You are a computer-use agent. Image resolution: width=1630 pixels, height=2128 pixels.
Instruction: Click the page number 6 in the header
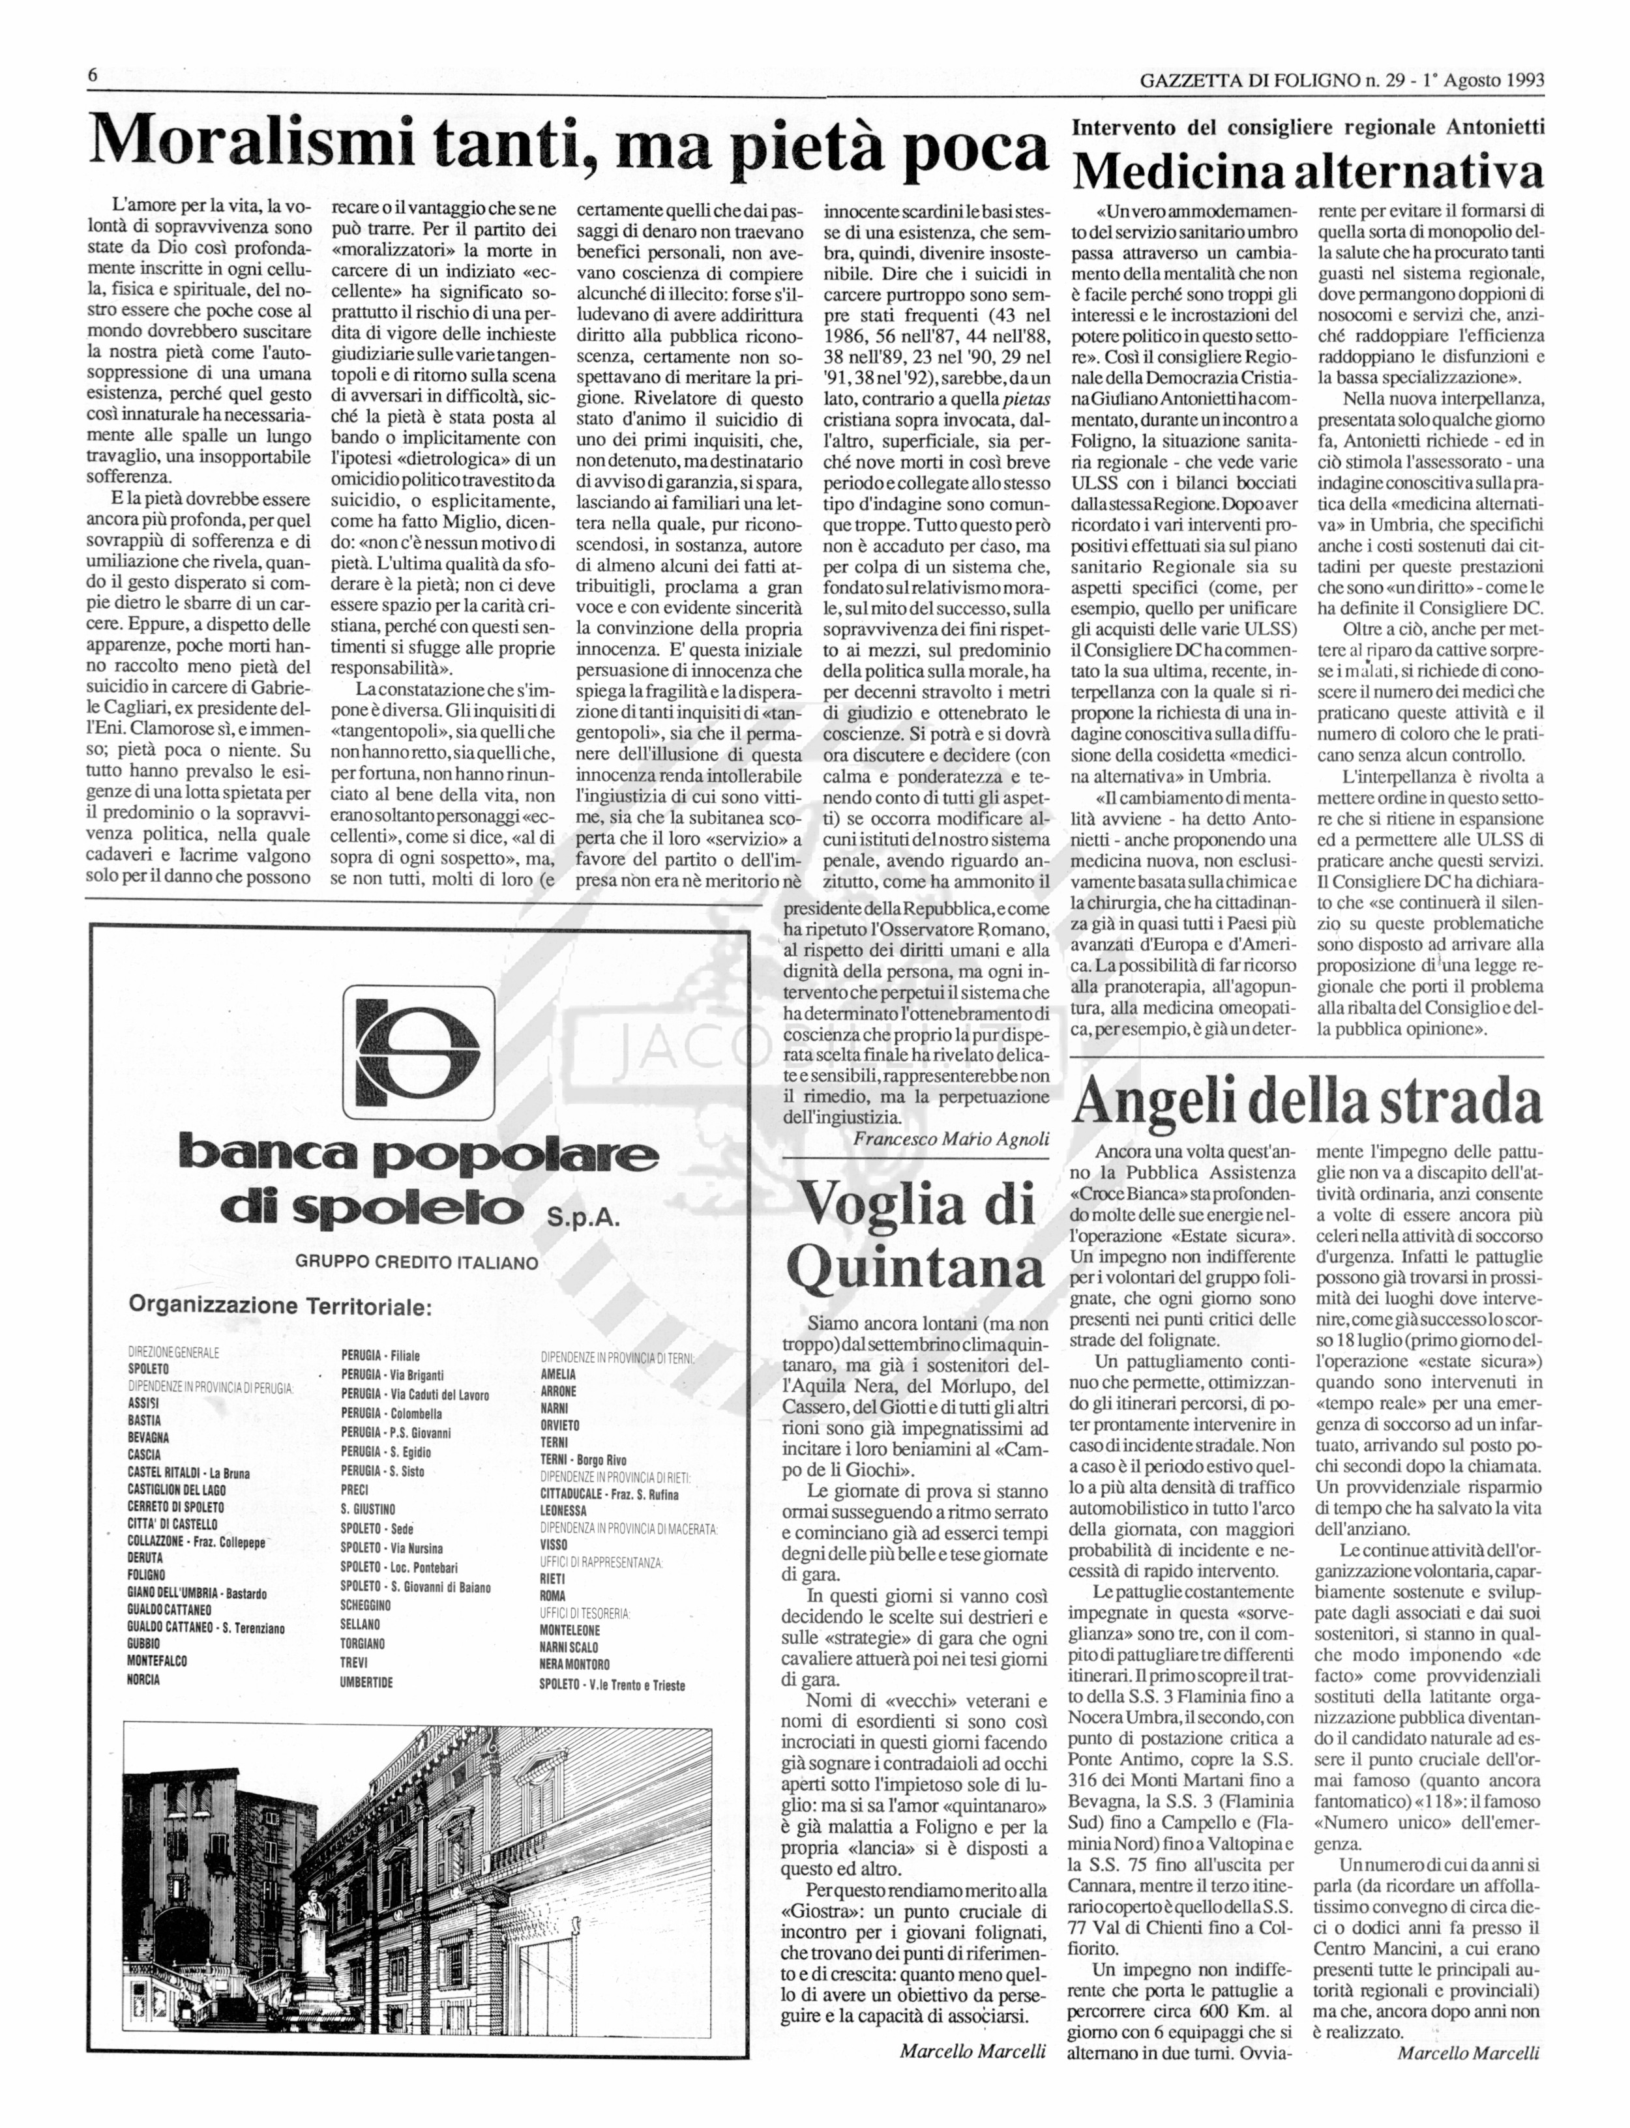[x=92, y=76]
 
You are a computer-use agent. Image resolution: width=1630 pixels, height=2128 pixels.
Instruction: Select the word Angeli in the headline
[x=1155, y=1103]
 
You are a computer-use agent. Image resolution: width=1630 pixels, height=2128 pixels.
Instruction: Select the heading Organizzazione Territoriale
[x=280, y=1305]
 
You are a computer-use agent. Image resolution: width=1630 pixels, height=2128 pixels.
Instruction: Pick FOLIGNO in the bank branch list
[x=147, y=1574]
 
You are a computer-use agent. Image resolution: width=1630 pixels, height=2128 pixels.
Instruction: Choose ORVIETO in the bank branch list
[x=560, y=1425]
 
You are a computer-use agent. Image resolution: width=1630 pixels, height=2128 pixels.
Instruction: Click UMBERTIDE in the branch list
[x=366, y=1682]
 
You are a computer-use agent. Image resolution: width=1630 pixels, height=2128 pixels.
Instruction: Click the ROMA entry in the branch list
[x=552, y=1596]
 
